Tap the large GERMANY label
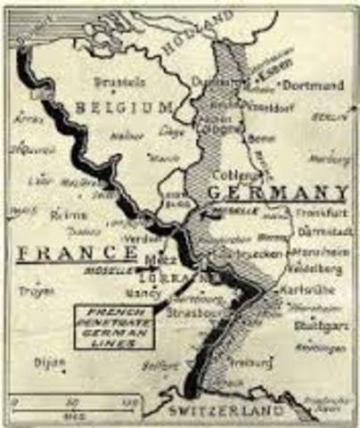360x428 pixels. pyautogui.click(x=278, y=193)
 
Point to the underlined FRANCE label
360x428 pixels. pyautogui.click(x=72, y=253)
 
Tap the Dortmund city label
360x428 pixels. pyautogui.click(x=313, y=86)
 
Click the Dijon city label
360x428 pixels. pyautogui.click(x=50, y=362)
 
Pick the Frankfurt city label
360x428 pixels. pyautogui.click(x=317, y=215)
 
